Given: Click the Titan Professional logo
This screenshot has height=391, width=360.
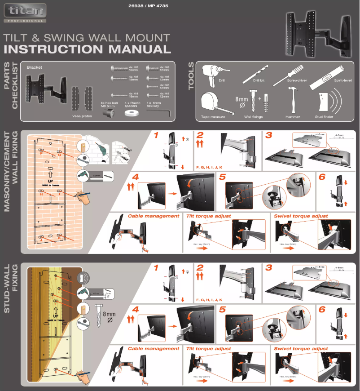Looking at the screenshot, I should point(25,12).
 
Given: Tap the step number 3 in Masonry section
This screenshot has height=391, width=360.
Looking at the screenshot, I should point(269,135).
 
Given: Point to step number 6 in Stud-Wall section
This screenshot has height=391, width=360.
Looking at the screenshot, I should point(321,310).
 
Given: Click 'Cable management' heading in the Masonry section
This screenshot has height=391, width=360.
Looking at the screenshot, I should point(154,216).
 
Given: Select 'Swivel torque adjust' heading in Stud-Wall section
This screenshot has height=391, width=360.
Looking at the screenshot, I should point(301,349).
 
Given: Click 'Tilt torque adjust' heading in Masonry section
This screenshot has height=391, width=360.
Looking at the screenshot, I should point(208,216).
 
